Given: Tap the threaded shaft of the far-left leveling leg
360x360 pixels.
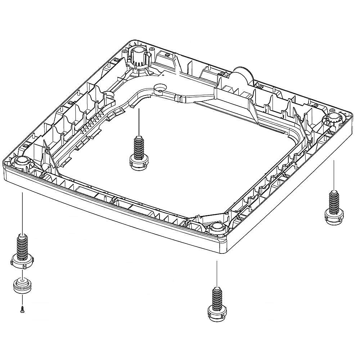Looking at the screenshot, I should (22, 245).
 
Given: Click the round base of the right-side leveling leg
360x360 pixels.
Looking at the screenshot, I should (334, 216).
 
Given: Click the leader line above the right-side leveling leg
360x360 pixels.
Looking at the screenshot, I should (334, 175).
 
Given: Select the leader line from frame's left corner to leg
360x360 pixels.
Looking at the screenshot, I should (23, 212).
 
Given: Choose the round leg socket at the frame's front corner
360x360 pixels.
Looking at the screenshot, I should (216, 227).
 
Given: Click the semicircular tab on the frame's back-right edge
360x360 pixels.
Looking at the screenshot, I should (242, 75).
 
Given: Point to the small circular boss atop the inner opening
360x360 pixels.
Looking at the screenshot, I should (159, 87).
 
